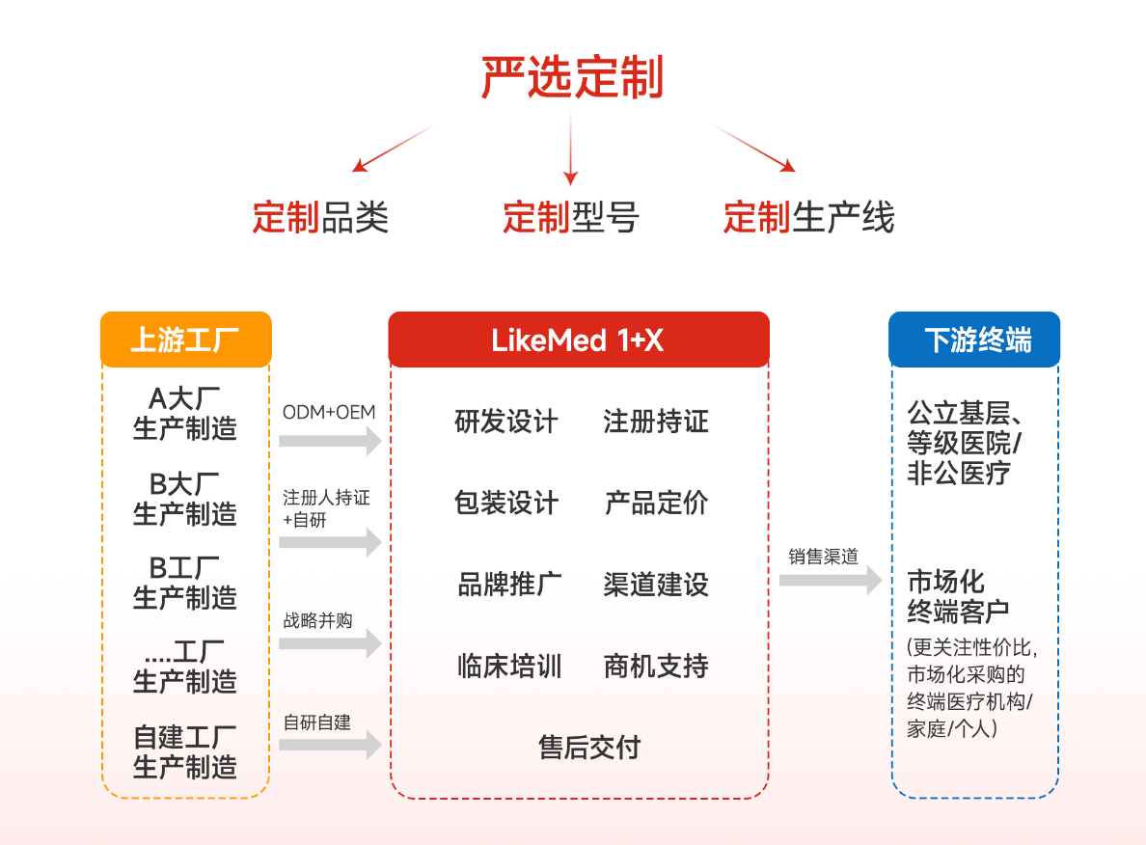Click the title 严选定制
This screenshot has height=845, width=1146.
tap(572, 78)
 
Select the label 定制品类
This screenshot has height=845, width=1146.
tap(320, 217)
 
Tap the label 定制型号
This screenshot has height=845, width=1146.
tap(570, 217)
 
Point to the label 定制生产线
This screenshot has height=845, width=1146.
tap(808, 217)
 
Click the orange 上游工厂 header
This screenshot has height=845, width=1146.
tap(185, 340)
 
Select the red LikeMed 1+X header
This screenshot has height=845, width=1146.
tap(578, 340)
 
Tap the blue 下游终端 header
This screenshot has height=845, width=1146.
tap(973, 340)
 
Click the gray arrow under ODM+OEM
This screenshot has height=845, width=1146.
tap(330, 442)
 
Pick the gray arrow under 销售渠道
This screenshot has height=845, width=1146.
tap(830, 580)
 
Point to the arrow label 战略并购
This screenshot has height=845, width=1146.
tap(316, 619)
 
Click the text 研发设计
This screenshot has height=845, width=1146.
tap(505, 422)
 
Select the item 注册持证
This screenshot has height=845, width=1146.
tap(655, 422)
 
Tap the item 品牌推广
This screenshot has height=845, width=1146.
tap(508, 585)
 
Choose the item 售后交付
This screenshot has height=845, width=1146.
tap(588, 748)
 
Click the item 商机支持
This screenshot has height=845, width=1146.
tap(655, 666)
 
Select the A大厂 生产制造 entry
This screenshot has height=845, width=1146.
tap(184, 413)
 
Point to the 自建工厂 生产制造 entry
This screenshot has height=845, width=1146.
tap(184, 752)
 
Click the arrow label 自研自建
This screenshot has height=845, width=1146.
tap(316, 722)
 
